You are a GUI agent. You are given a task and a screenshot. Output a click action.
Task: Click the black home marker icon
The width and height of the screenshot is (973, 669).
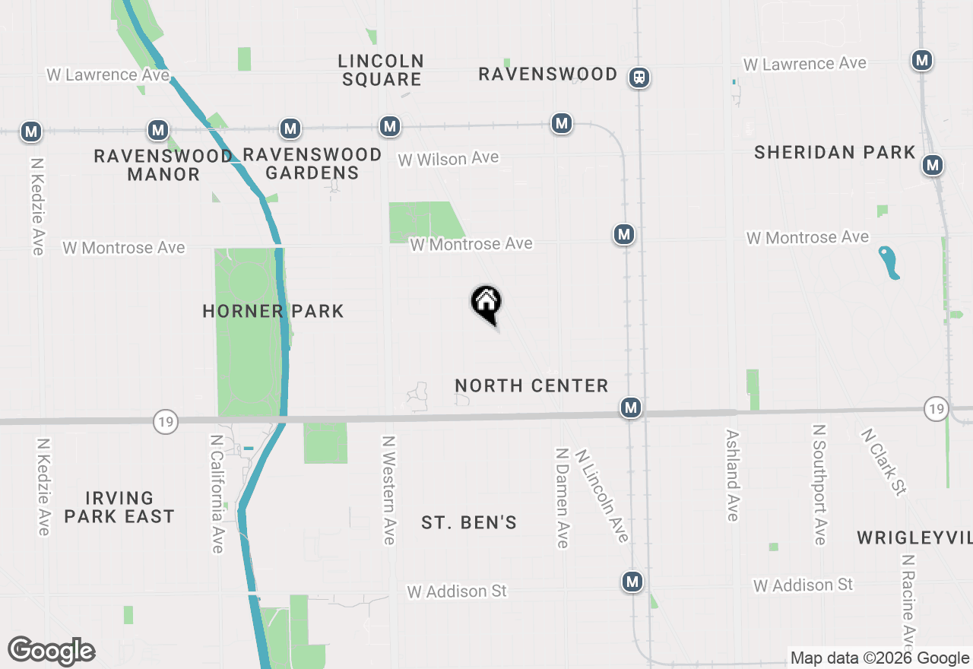(486, 303)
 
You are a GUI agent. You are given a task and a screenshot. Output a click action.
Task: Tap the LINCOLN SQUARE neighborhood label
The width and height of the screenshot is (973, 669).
(382, 70)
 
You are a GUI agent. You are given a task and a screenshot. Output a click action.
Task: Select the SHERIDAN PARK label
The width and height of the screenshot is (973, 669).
(835, 153)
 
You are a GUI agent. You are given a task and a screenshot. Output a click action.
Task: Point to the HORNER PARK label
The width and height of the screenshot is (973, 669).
(273, 311)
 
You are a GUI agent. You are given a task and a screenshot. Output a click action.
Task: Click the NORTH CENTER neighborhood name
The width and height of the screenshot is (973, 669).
(531, 385)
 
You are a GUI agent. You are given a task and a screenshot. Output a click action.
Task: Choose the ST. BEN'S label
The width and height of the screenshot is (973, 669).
(469, 522)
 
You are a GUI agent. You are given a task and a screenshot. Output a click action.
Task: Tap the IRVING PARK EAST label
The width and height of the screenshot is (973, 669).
(119, 507)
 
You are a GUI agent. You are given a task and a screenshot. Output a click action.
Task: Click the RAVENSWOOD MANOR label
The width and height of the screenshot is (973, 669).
(163, 165)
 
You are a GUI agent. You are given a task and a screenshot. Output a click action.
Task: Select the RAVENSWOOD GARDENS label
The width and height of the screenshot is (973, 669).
(312, 163)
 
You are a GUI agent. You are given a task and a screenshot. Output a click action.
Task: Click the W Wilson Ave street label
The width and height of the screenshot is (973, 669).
(448, 158)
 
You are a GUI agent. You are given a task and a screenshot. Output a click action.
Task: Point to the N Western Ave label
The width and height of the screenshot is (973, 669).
(389, 490)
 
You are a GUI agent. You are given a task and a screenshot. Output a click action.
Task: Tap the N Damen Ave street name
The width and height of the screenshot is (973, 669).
(563, 497)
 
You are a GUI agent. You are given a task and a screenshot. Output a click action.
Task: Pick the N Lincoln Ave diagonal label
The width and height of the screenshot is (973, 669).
(602, 496)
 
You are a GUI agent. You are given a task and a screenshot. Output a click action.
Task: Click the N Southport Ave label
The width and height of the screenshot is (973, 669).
(819, 485)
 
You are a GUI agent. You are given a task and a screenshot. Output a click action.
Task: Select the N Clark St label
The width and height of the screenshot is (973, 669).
(883, 461)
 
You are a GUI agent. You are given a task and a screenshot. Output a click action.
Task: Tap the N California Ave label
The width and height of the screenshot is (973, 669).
(217, 494)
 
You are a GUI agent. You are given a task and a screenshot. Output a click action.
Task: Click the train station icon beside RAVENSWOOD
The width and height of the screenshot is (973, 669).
(639, 78)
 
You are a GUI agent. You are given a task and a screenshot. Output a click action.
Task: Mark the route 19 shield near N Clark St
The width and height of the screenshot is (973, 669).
(937, 409)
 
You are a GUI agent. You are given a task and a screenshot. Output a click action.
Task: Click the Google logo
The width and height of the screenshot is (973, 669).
(51, 652)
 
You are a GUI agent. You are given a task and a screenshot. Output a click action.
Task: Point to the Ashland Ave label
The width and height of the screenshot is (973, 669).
(732, 476)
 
